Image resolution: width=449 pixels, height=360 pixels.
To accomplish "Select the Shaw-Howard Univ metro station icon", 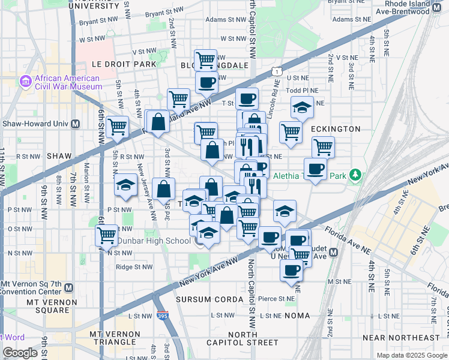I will coord(76,124).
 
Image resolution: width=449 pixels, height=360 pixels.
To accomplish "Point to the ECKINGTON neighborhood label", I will coord(336,129).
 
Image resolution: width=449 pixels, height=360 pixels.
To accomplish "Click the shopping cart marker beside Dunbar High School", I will coord(106,235).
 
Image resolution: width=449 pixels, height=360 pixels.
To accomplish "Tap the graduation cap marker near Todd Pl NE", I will coord(302,108).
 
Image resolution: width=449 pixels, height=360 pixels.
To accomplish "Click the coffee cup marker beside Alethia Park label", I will coord(315,169).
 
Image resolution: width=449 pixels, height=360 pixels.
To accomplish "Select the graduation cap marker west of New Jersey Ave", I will coord(125,185).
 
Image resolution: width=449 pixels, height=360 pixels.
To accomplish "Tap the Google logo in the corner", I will coord(20,353).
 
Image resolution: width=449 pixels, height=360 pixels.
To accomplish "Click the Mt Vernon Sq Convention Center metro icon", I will coord(70,287).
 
